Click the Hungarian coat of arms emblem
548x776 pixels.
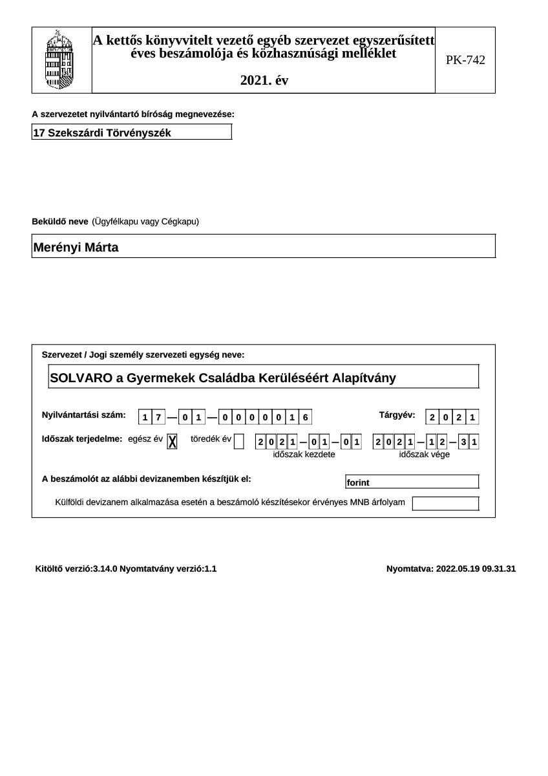coord(61,59)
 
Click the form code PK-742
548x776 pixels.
coord(465,60)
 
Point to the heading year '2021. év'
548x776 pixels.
coord(264,81)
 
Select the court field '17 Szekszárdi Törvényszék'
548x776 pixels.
coord(131,133)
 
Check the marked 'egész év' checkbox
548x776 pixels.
coord(173,441)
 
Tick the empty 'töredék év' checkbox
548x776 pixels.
coord(238,441)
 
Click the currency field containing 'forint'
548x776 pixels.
coord(412,482)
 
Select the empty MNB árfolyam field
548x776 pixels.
coord(445,503)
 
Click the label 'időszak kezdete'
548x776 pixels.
coord(304,455)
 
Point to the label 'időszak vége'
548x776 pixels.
coord(425,455)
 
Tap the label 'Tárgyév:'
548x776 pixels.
coord(397,415)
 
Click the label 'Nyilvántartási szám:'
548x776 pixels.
coord(84,415)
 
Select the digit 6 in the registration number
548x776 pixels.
coord(305,418)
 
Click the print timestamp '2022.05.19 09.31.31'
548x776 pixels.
coord(476,569)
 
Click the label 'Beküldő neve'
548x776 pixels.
coord(60,222)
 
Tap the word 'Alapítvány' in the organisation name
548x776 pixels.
coord(364,378)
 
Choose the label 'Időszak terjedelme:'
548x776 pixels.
coord(82,439)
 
